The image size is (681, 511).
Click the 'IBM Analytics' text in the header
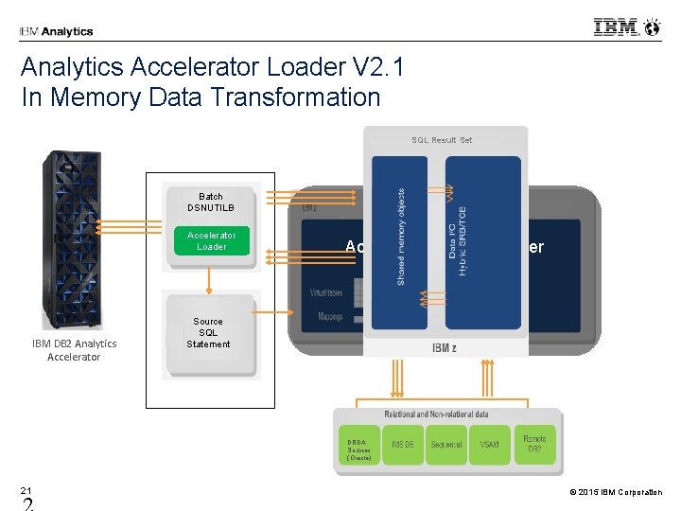tap(56, 31)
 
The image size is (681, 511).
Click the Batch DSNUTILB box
tap(211, 203)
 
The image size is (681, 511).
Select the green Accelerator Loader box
tap(211, 240)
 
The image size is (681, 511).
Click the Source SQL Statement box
tap(208, 333)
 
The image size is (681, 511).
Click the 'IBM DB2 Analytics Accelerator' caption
tap(73, 350)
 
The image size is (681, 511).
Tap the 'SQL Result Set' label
tap(442, 140)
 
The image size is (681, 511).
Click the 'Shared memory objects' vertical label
tap(401, 237)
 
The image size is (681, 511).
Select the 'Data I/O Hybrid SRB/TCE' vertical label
tap(458, 241)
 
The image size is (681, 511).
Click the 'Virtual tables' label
tap(326, 293)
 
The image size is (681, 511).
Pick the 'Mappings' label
tap(330, 317)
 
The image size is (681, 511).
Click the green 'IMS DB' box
tap(402, 444)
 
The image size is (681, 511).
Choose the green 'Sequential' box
tap(446, 444)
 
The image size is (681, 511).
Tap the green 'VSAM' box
tap(489, 444)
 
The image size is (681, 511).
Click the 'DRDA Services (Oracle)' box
tap(358, 449)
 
